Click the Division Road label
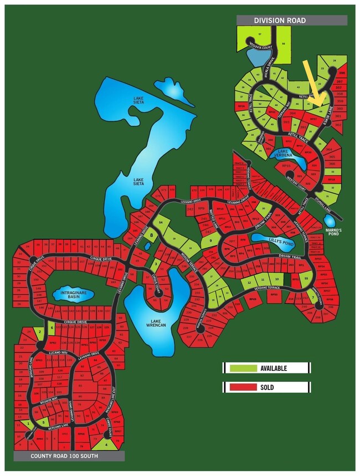click(x=280, y=21)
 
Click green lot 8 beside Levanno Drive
click(x=151, y=234)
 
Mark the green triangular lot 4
click(x=106, y=443)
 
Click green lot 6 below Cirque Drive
click(x=51, y=327)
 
